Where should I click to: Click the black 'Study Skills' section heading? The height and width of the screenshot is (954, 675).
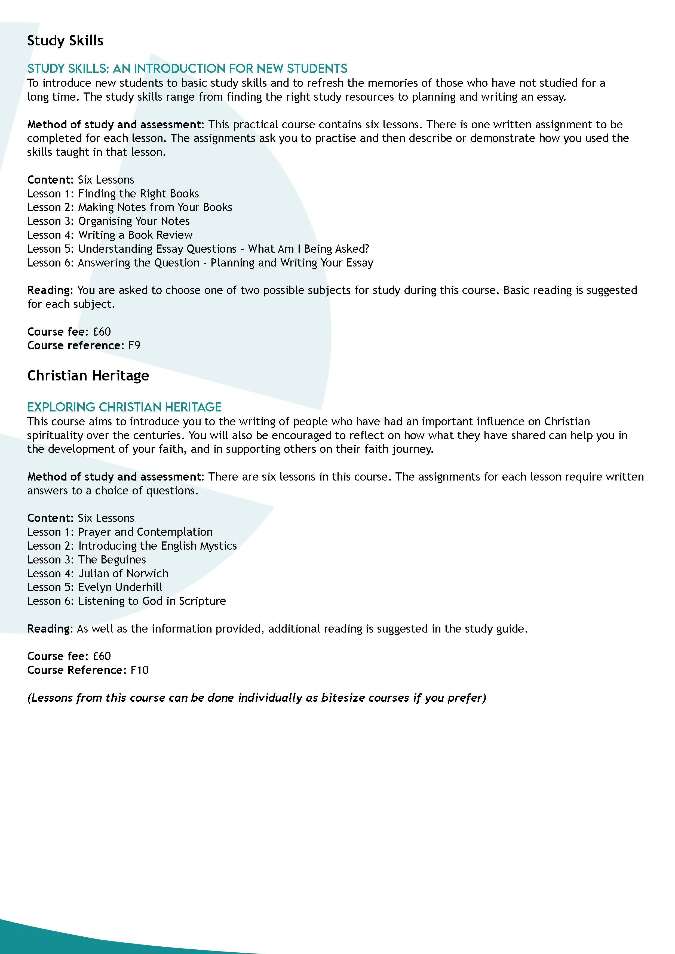(65, 41)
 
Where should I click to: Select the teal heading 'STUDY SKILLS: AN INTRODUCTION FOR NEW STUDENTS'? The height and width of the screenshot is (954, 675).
(187, 68)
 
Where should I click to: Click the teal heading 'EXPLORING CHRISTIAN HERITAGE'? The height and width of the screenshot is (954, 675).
(124, 407)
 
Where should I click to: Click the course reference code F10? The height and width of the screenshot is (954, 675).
(139, 670)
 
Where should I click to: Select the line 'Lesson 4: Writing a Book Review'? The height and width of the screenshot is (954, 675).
(110, 235)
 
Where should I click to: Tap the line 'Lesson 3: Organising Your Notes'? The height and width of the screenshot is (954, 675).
(108, 221)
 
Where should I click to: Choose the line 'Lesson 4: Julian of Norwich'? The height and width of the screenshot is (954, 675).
(98, 574)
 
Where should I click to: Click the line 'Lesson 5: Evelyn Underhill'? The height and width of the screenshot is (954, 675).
(95, 587)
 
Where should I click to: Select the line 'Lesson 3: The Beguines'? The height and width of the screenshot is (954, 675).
(87, 560)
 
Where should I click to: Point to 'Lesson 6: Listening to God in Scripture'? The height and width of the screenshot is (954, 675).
(127, 601)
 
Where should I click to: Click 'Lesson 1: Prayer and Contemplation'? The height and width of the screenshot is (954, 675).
(120, 532)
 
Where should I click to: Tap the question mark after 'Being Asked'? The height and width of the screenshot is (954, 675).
(366, 249)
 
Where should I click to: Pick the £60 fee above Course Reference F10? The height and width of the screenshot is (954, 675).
(102, 656)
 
